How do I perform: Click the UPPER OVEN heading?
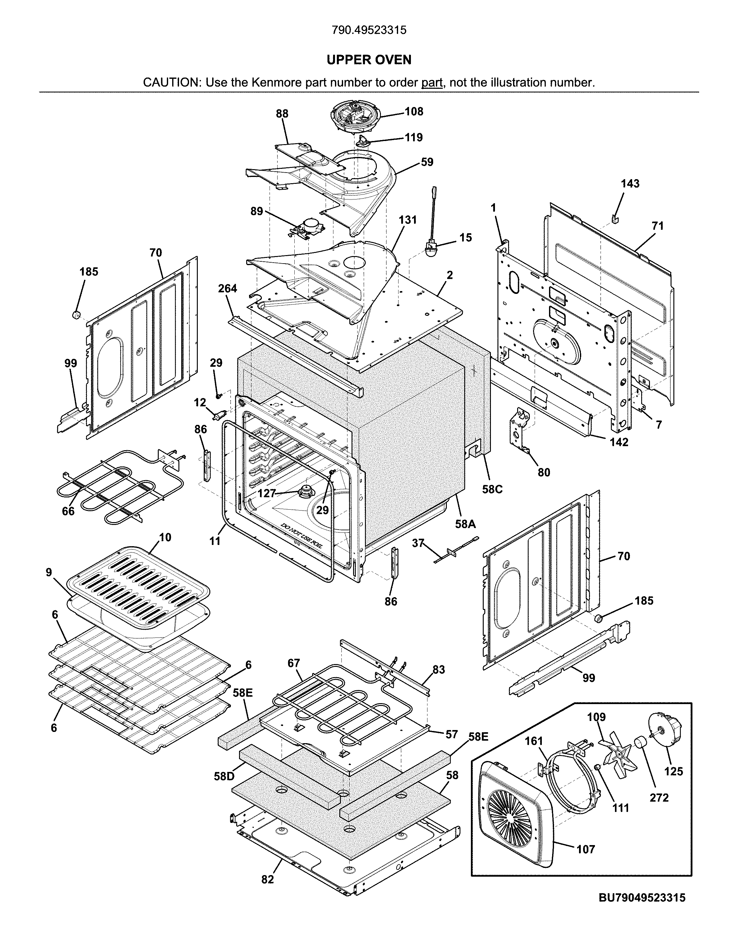pyautogui.click(x=369, y=60)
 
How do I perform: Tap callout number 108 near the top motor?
pyautogui.click(x=414, y=112)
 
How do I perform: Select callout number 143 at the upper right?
pyautogui.click(x=630, y=184)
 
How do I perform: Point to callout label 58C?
pyautogui.click(x=492, y=489)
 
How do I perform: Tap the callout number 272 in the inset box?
pyautogui.click(x=659, y=798)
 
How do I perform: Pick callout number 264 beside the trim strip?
pyautogui.click(x=227, y=288)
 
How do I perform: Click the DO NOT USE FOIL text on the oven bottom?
pyautogui.click(x=302, y=535)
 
